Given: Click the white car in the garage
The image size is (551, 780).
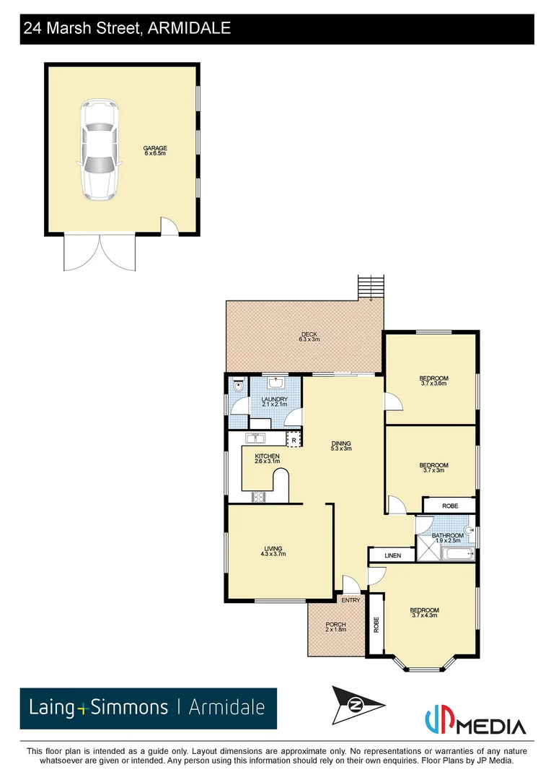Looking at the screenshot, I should tap(98, 149).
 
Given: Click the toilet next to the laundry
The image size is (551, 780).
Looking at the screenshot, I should tap(238, 387).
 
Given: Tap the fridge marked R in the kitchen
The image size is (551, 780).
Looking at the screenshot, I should tap(293, 440).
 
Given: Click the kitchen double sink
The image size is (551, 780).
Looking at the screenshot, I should tap(256, 438).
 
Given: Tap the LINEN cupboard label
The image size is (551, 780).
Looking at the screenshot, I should tap(392, 555).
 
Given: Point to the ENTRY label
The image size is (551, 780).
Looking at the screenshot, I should tap(351, 600).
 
